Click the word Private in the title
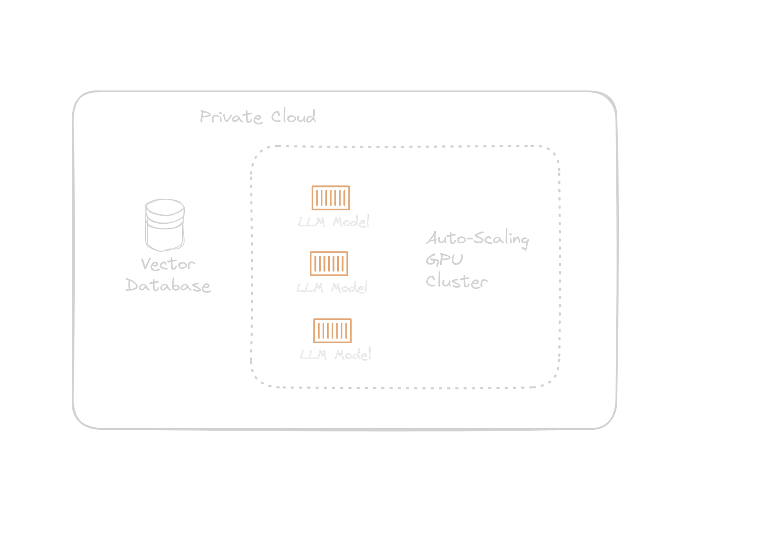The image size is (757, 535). click(231, 117)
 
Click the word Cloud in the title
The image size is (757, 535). click(293, 116)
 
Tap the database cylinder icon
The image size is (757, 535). click(165, 225)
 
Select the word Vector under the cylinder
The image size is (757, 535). click(168, 264)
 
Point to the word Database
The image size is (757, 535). click(168, 286)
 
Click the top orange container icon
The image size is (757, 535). click(331, 198)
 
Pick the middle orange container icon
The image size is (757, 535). click(329, 264)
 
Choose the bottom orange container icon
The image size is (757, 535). click(332, 331)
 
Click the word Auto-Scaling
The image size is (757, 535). click(477, 238)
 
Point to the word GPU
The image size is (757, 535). click(445, 259)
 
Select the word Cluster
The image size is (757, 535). click(457, 282)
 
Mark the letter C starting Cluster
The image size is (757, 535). click(431, 281)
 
